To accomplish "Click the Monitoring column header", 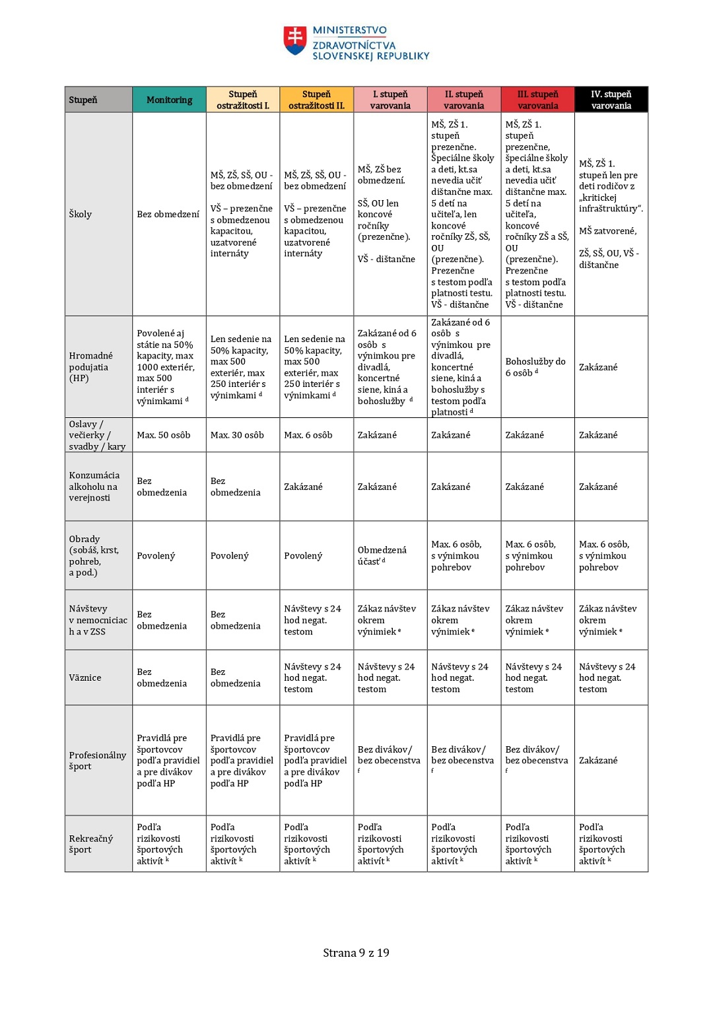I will pos(169,100).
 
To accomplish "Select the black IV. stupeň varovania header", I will pos(611,100).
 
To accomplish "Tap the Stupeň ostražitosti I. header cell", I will pos(243,100).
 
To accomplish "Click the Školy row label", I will pos(81,214).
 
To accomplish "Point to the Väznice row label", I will pos(85,678).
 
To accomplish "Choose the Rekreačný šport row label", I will pos(91,844).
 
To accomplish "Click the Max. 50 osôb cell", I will pos(164,435).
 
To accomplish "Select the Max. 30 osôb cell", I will pos(237,435).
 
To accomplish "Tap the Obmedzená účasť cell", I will pos(382,555).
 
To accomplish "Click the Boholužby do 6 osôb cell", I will pos(535,367).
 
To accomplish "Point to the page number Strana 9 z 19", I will pos(356,953).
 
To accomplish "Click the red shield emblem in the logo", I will pos(295,40).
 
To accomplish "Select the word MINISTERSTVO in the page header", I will pos(350,30).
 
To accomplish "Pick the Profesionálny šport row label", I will pos(97,760).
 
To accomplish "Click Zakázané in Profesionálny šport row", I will pos(598,760).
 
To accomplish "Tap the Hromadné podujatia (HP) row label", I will pos(90,366).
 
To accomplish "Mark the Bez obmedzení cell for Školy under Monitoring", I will pos(168,214).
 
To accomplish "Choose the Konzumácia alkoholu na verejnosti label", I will pos(94,487).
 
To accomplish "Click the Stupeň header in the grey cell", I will pos(83,100).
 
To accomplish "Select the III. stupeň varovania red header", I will pos(537,100).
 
